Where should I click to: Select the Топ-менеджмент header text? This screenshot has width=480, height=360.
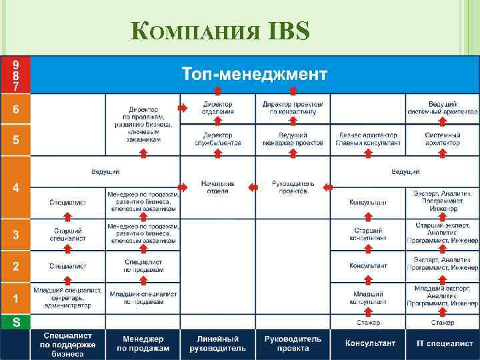(255, 73)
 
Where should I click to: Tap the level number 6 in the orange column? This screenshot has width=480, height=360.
(15, 109)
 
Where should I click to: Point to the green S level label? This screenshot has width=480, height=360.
(15, 322)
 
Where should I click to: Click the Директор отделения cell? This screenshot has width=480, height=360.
(218, 108)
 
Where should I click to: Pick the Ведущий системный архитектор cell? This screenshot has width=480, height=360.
(442, 108)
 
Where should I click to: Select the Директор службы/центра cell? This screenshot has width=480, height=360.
(218, 139)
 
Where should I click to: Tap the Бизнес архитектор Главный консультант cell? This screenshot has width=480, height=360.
(368, 139)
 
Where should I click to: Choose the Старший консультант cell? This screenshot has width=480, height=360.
(368, 234)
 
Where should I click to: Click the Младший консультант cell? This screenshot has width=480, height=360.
(368, 298)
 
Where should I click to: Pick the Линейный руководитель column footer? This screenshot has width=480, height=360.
(218, 344)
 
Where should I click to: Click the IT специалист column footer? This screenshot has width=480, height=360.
(442, 343)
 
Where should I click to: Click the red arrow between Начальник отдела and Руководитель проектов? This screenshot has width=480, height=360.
(253, 188)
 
